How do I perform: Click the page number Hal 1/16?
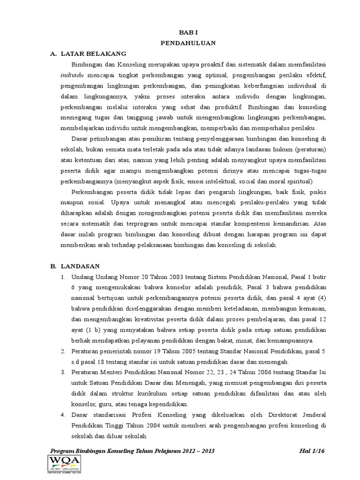click(311, 451)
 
